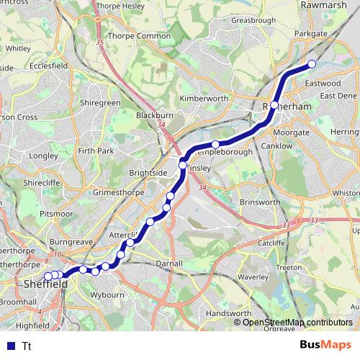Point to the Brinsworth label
[x=260, y=202]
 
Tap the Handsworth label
[x=228, y=314]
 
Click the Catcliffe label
[x=271, y=243]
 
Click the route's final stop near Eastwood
[x=312, y=64]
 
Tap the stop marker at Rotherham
[x=274, y=105]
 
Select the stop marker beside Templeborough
[x=215, y=145]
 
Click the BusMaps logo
[x=326, y=345]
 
